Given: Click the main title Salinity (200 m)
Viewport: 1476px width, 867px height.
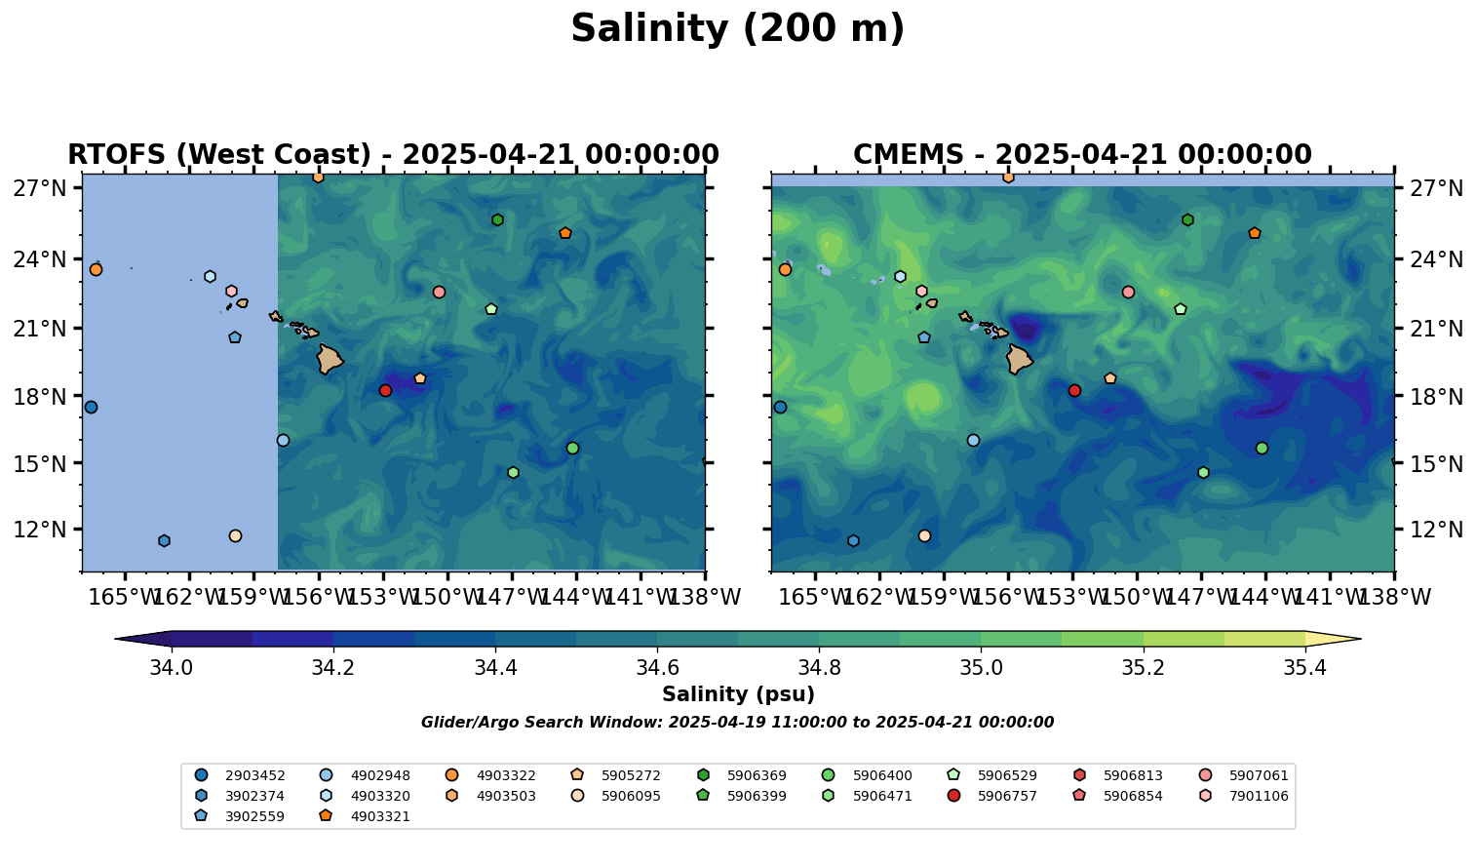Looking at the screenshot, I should pyautogui.click(x=737, y=29).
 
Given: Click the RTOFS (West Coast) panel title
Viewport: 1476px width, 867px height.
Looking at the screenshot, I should pyautogui.click(x=393, y=155).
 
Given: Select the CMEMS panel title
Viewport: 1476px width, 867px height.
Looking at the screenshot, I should pyautogui.click(x=1082, y=155).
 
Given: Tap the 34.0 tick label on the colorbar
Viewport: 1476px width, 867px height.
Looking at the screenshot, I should pyautogui.click(x=172, y=668).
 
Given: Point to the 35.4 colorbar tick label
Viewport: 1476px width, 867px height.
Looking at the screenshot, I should pyautogui.click(x=1304, y=668).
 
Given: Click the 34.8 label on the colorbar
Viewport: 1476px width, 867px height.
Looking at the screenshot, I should pyautogui.click(x=819, y=668).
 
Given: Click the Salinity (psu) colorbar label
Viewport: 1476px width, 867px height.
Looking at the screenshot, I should pyautogui.click(x=738, y=694).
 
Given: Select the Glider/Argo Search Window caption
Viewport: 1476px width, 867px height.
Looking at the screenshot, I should pyautogui.click(x=737, y=723).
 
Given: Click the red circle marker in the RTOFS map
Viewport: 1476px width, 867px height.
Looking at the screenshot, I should pyautogui.click(x=385, y=390).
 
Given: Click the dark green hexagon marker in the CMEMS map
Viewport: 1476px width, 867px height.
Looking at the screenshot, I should pyautogui.click(x=1187, y=220).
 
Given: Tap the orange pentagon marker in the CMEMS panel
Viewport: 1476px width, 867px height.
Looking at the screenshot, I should pyautogui.click(x=1255, y=233).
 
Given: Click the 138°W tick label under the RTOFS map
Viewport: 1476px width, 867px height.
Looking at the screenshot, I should pyautogui.click(x=704, y=597).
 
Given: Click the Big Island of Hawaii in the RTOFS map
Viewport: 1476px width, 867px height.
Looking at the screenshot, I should pyautogui.click(x=330, y=360).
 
